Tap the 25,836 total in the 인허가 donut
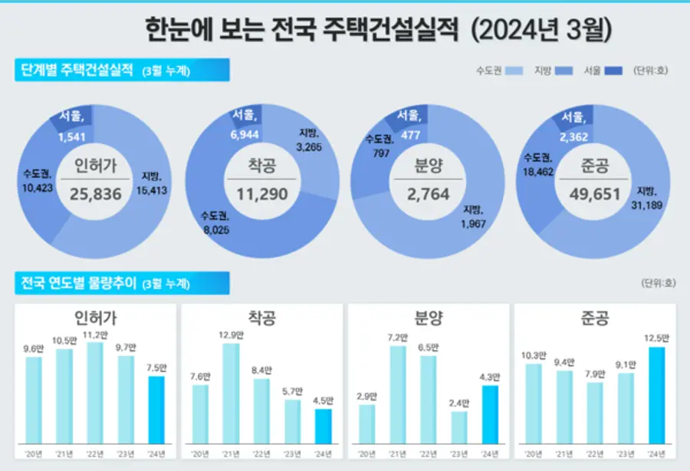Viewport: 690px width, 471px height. click(x=97, y=194)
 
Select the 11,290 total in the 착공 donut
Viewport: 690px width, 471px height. click(x=262, y=194)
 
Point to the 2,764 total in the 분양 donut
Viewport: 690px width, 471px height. click(x=428, y=194)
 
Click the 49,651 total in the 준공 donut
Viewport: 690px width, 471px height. click(x=594, y=194)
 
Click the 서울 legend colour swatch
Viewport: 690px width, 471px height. click(x=614, y=71)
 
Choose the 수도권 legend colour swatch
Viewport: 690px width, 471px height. click(x=514, y=71)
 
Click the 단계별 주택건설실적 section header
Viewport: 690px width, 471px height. click(x=77, y=71)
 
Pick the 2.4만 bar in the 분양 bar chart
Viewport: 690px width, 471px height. click(x=459, y=427)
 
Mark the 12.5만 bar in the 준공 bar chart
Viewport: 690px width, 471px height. click(x=657, y=395)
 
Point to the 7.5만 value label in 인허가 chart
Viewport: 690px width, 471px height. click(x=156, y=367)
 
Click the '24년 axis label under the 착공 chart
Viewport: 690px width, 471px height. click(x=323, y=454)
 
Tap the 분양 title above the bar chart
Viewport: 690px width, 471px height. click(x=428, y=318)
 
